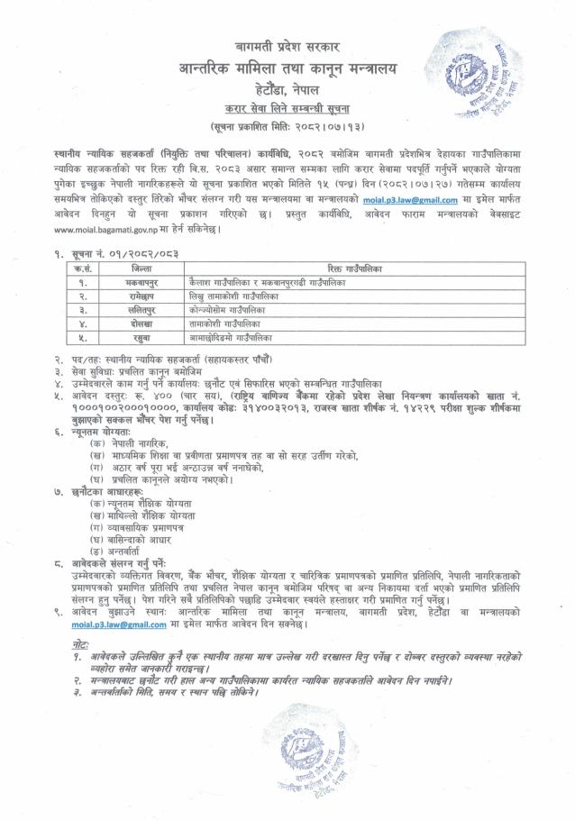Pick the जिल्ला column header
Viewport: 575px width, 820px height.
(x=141, y=269)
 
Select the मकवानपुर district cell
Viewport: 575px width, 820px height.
(x=141, y=282)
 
